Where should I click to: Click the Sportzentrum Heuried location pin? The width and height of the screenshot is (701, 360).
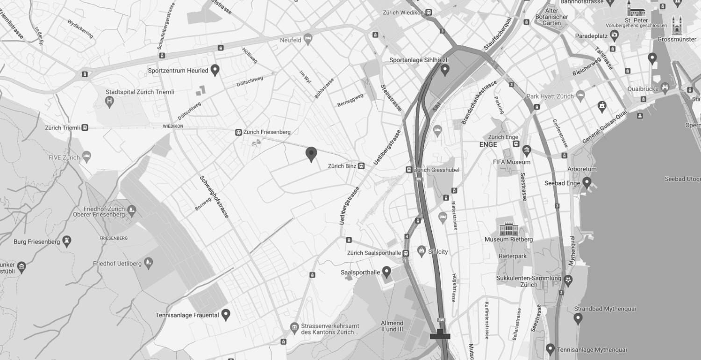(x=215, y=70)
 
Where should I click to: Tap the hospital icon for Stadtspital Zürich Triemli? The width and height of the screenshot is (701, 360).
(x=110, y=101)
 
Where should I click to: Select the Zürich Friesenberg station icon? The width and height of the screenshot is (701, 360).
(x=238, y=133)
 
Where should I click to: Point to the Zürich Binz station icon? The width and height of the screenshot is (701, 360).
(x=361, y=166)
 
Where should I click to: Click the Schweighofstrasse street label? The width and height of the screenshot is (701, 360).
(x=215, y=196)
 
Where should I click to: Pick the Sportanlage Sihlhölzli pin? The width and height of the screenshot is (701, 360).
(x=445, y=70)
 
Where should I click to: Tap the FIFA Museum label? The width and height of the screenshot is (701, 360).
(x=512, y=162)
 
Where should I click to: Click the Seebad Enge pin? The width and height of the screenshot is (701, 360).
(x=587, y=182)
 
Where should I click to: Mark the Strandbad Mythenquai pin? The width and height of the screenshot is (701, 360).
(x=578, y=318)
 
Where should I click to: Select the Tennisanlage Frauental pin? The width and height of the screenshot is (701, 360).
(x=226, y=315)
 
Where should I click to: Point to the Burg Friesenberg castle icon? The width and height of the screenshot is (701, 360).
(x=67, y=241)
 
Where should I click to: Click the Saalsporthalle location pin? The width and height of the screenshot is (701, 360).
(x=386, y=272)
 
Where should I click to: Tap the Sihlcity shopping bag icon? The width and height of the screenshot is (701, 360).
(x=422, y=251)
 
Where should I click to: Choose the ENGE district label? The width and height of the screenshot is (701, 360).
(x=488, y=145)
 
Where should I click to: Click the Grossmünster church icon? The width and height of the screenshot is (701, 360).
(x=677, y=26)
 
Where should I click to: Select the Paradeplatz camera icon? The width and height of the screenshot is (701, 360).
(x=615, y=35)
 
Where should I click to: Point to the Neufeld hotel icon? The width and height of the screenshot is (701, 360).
(x=308, y=39)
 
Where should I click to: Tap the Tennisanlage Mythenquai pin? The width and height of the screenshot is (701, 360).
(x=551, y=349)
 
